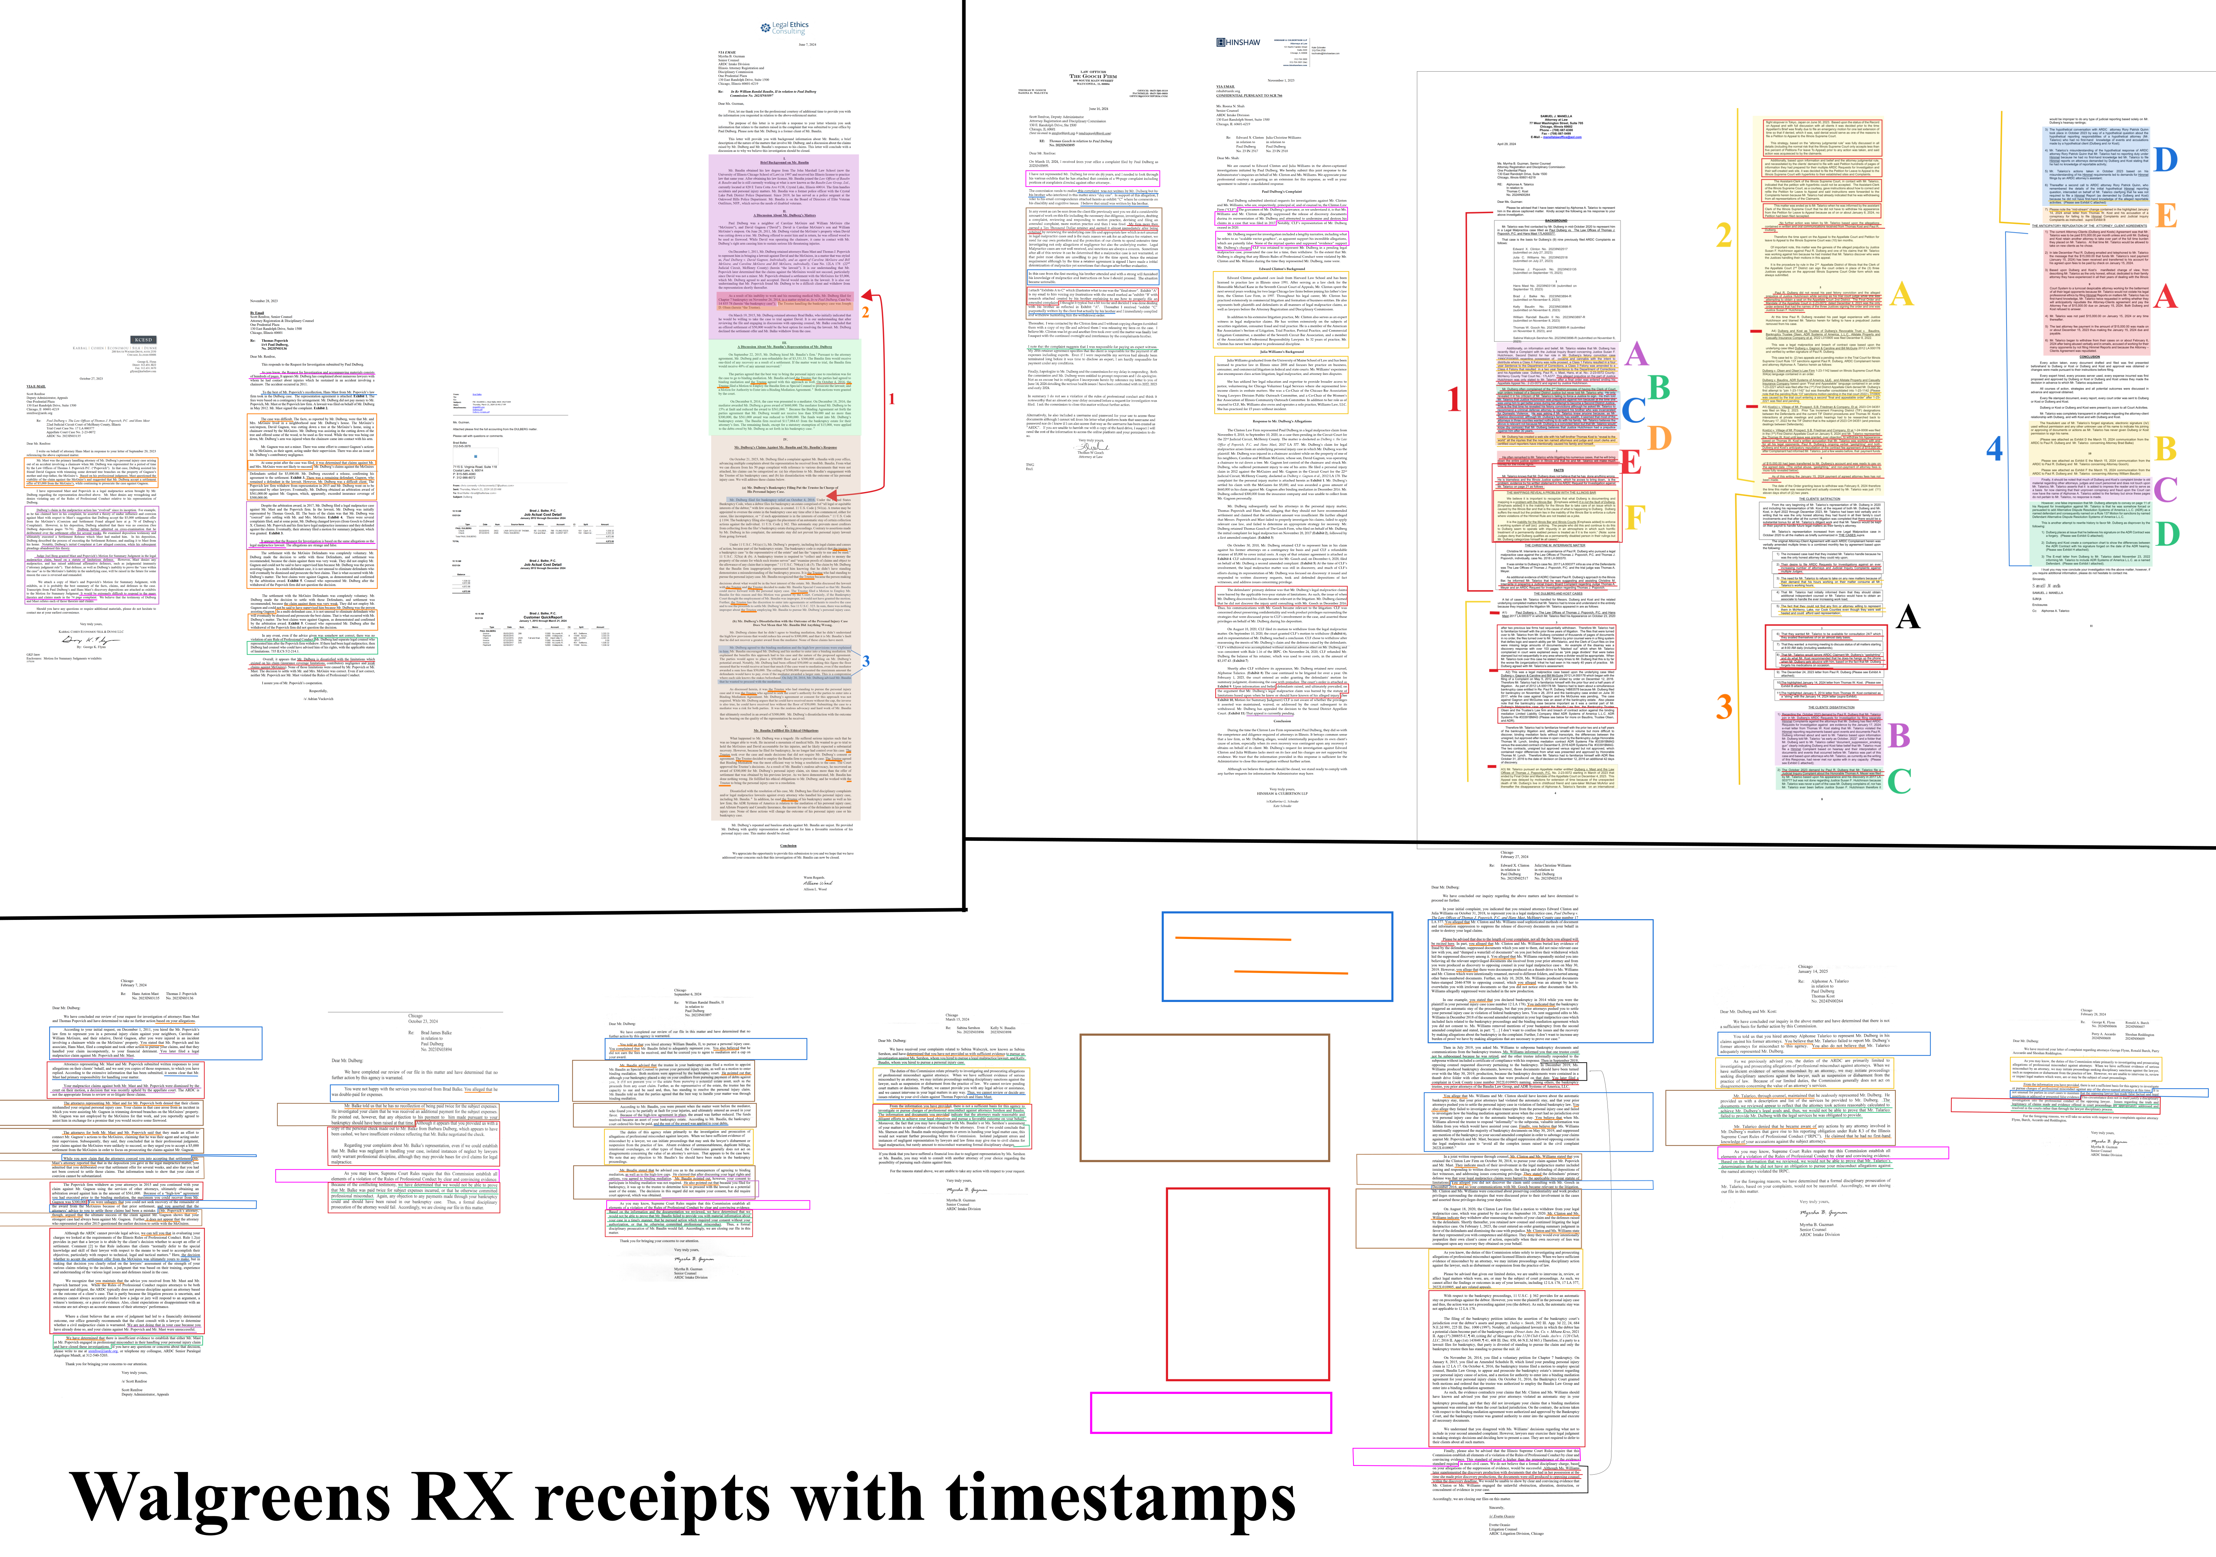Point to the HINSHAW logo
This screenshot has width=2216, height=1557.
[x=1238, y=42]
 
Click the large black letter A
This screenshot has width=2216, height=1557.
[x=1907, y=617]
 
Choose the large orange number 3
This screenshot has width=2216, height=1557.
[x=1725, y=706]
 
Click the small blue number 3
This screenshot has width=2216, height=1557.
[x=866, y=660]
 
